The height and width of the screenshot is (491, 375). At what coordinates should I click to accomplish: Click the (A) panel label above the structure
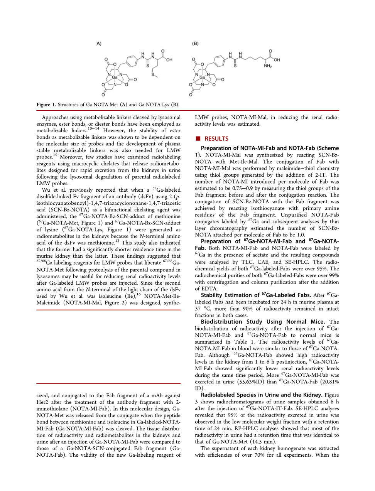coord(99,44)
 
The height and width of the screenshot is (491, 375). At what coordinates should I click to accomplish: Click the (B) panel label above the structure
coord(196,44)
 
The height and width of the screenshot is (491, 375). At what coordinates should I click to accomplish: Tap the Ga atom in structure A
coord(115,78)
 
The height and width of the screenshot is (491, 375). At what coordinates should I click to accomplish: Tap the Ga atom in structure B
coord(202,78)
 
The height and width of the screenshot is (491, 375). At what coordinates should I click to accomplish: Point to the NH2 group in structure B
coord(268,66)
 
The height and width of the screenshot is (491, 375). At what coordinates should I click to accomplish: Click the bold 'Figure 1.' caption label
coord(46,105)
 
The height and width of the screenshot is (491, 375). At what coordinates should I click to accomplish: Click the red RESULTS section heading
coord(216,139)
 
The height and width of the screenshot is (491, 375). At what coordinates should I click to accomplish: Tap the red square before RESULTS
coord(198,138)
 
